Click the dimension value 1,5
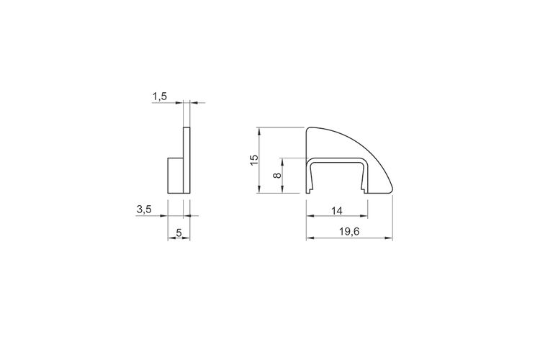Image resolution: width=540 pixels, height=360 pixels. click(x=160, y=96)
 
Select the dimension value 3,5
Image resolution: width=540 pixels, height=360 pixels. click(x=144, y=209)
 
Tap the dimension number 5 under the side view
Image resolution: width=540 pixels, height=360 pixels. click(x=179, y=233)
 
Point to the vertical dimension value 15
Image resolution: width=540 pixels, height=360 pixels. click(x=254, y=160)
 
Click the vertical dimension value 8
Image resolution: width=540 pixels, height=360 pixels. click(x=277, y=175)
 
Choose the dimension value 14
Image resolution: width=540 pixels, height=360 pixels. click(x=337, y=211)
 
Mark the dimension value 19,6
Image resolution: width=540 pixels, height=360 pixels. click(x=349, y=232)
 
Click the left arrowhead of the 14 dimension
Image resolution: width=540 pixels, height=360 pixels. click(x=310, y=216)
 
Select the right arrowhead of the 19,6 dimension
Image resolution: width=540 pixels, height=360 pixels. click(x=389, y=238)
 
